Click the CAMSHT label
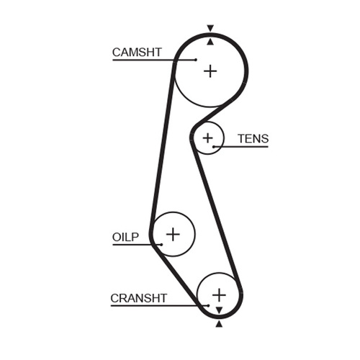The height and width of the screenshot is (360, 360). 137,53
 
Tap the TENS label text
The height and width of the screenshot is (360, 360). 253,139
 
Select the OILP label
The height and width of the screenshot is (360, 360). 125,237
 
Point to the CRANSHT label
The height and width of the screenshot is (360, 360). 138,298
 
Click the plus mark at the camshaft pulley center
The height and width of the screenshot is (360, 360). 210,71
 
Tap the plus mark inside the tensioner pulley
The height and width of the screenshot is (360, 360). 207,138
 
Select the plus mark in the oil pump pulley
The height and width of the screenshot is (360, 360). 173,234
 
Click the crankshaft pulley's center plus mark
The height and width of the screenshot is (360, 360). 219,295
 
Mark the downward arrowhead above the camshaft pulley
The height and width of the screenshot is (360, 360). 210,28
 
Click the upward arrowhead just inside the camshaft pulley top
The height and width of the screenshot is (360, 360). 210,42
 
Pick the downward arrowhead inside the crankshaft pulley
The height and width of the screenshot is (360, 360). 219,310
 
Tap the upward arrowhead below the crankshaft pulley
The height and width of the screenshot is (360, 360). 219,324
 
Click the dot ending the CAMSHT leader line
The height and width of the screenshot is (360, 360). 196,60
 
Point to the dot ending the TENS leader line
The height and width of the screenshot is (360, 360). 213,147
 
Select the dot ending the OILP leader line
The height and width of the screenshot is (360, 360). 161,245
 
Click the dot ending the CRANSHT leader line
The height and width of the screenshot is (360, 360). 208,306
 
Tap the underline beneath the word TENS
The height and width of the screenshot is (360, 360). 240,147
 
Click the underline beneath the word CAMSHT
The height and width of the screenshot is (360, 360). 154,60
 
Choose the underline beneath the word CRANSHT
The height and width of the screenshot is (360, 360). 160,306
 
